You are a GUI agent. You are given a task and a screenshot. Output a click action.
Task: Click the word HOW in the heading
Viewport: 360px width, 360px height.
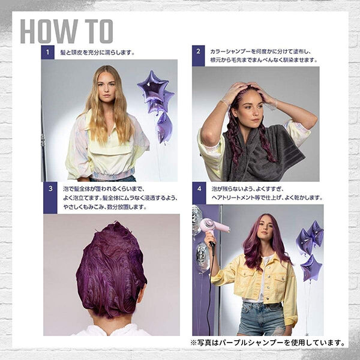pyautogui.click(x=49, y=31)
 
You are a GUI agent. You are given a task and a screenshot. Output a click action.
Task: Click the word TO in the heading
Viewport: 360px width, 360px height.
pyautogui.click(x=99, y=31)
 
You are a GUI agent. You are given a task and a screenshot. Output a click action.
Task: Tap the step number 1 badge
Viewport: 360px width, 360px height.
pyautogui.click(x=48, y=52)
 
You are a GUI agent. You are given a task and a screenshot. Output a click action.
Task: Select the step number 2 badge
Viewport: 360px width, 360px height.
pyautogui.click(x=199, y=56)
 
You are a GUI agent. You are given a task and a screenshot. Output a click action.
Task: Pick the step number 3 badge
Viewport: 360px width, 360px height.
pyautogui.click(x=50, y=197)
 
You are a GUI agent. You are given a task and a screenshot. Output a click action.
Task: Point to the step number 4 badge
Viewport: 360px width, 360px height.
pyautogui.click(x=199, y=193)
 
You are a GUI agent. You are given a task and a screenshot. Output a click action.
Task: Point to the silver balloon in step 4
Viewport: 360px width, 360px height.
pyautogui.click(x=203, y=257)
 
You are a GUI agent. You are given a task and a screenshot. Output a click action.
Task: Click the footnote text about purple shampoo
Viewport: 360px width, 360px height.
pyautogui.click(x=268, y=343)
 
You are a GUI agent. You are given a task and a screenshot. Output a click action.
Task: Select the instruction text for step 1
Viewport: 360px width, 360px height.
pyautogui.click(x=97, y=53)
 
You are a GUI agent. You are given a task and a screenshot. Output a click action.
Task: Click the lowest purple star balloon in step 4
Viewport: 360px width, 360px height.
pyautogui.click(x=311, y=268)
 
